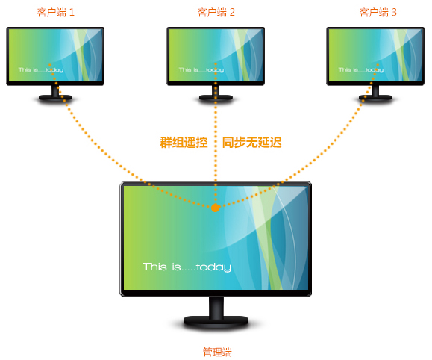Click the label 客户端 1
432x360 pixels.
click(x=56, y=13)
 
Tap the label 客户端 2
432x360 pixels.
click(x=216, y=13)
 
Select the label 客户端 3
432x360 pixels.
click(x=378, y=13)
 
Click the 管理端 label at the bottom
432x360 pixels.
click(x=217, y=353)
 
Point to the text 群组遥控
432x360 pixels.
click(x=184, y=143)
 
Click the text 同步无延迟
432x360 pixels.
click(x=252, y=143)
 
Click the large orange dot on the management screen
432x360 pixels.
click(x=216, y=208)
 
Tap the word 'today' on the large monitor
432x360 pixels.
click(x=214, y=267)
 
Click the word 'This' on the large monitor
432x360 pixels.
click(x=154, y=267)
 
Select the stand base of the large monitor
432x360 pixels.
click(x=216, y=321)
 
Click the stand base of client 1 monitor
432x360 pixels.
click(x=55, y=97)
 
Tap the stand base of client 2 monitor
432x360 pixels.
click(x=216, y=97)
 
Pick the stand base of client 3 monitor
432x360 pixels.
click(x=375, y=97)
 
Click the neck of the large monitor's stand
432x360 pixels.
click(x=216, y=307)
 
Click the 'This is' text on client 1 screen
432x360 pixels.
click(x=28, y=69)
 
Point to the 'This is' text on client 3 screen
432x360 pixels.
click(x=348, y=69)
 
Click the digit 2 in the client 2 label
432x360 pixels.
click(x=232, y=13)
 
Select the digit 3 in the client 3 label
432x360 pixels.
click(x=394, y=13)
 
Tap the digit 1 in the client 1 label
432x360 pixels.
click(x=72, y=13)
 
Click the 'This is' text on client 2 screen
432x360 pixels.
click(x=189, y=69)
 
